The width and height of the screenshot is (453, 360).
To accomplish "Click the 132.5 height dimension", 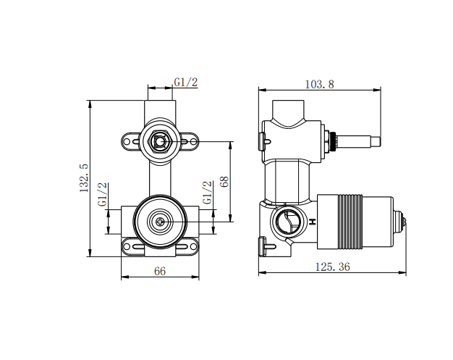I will [x=84, y=177].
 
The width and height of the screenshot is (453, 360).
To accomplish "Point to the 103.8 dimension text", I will [x=319, y=84].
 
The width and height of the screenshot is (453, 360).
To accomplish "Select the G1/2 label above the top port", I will [x=185, y=83].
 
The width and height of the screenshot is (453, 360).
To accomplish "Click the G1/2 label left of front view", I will [x=103, y=195].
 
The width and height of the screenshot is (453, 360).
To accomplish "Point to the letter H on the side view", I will [x=313, y=222].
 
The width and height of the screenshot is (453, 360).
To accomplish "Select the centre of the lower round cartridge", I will [x=160, y=220].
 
